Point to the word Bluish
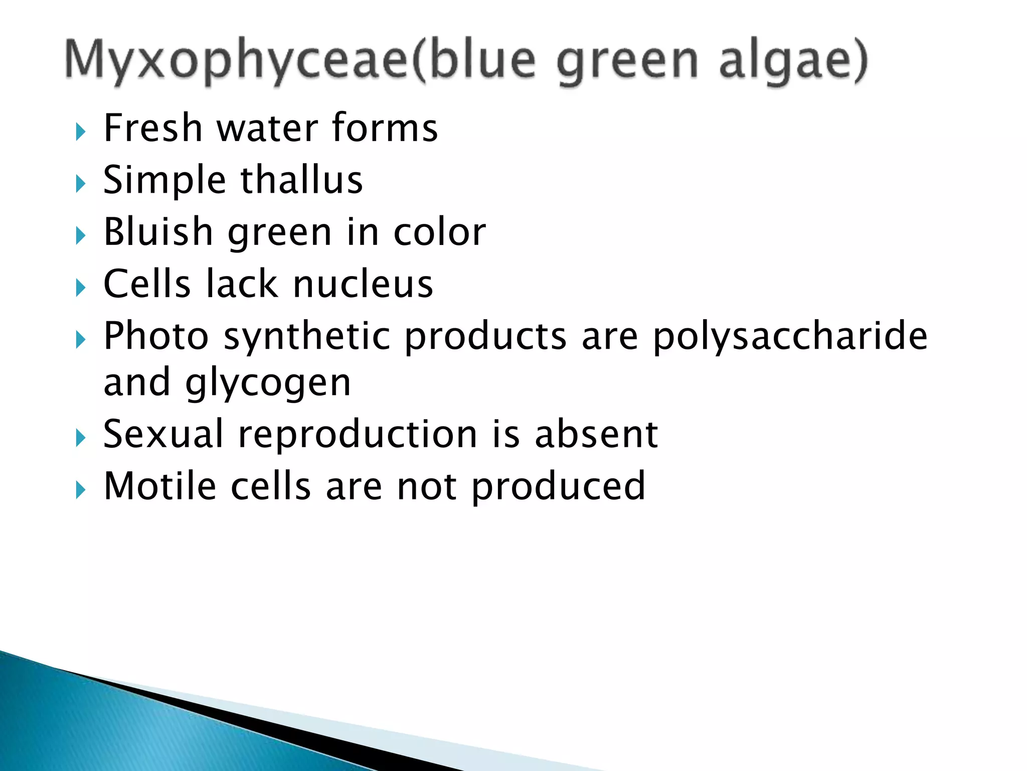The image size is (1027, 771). pos(158,232)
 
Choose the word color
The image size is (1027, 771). pos(439,232)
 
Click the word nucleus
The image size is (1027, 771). pos(363,284)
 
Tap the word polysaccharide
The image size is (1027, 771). pos(790,336)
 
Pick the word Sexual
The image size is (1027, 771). pos(163,434)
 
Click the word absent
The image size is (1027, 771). pos(596,434)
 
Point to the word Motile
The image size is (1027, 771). pos(160,486)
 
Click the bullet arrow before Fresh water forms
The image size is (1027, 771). pos(80,132)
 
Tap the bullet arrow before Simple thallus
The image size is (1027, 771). pos(80,184)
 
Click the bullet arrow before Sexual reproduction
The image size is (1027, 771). pos(80,438)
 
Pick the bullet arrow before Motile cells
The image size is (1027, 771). pos(80,490)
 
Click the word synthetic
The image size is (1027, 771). pos(306,336)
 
